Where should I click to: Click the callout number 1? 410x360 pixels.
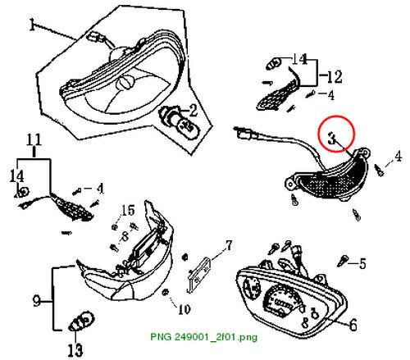(x=32, y=25)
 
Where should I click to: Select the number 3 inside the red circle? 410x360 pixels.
(x=332, y=138)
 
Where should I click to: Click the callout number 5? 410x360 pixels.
(x=362, y=264)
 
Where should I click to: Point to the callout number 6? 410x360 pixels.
(x=353, y=325)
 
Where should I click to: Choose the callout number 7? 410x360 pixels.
(x=229, y=246)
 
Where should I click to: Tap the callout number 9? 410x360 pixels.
(x=37, y=301)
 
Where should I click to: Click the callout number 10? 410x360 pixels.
(x=184, y=309)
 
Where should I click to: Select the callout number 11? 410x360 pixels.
(x=34, y=139)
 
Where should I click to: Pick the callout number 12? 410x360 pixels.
(x=335, y=77)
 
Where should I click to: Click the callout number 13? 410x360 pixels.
(x=75, y=350)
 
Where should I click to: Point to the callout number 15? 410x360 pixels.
(x=128, y=211)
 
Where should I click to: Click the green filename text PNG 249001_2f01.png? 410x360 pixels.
(x=203, y=336)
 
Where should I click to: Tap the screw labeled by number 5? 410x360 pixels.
(x=343, y=261)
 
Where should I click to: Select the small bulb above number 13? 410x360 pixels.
(x=81, y=321)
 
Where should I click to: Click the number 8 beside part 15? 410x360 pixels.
(x=125, y=236)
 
